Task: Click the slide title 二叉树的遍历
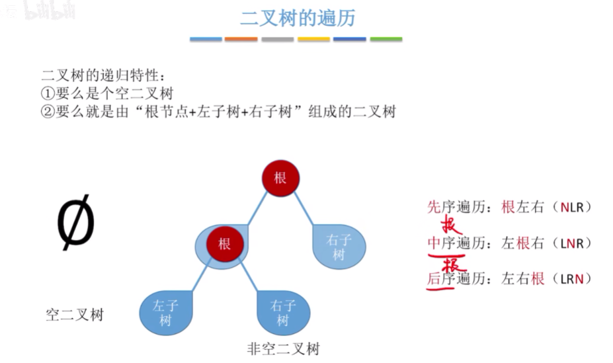[297, 18]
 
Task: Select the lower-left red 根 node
[224, 243]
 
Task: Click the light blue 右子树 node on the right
[339, 247]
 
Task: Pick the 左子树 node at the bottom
[165, 312]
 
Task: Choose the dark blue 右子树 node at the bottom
[282, 312]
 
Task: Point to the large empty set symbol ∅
[76, 224]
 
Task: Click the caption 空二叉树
[75, 315]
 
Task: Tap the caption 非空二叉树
[283, 348]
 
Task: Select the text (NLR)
[573, 207]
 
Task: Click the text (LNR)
[573, 243]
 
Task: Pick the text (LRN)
[573, 278]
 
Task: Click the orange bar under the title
[241, 40]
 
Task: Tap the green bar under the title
[386, 40]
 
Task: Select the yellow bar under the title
[313, 40]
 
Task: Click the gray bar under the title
[277, 40]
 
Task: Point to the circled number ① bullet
[47, 94]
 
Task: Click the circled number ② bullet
[47, 112]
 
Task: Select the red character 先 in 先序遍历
[434, 207]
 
